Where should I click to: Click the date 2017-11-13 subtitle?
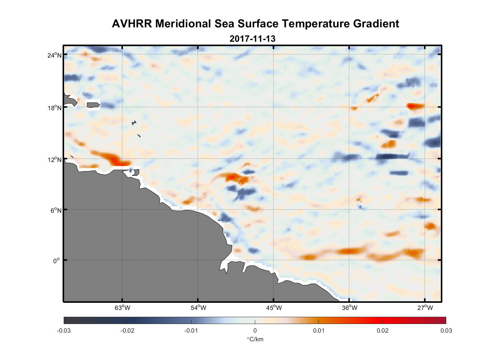(252, 39)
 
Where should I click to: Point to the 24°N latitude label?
(54, 55)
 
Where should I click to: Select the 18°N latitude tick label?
(54, 108)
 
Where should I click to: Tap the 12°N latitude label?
(54, 159)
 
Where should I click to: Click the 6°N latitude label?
(56, 210)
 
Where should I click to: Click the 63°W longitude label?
(122, 308)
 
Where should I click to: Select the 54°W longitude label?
(198, 308)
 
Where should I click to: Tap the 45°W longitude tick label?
(274, 308)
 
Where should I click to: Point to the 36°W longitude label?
(349, 308)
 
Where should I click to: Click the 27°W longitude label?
(425, 308)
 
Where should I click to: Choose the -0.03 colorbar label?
(64, 330)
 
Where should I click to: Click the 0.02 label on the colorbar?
(382, 330)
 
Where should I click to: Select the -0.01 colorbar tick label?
(191, 330)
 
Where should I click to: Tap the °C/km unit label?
(255, 339)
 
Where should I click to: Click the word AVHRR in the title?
(132, 24)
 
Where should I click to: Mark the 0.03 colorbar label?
(446, 330)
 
